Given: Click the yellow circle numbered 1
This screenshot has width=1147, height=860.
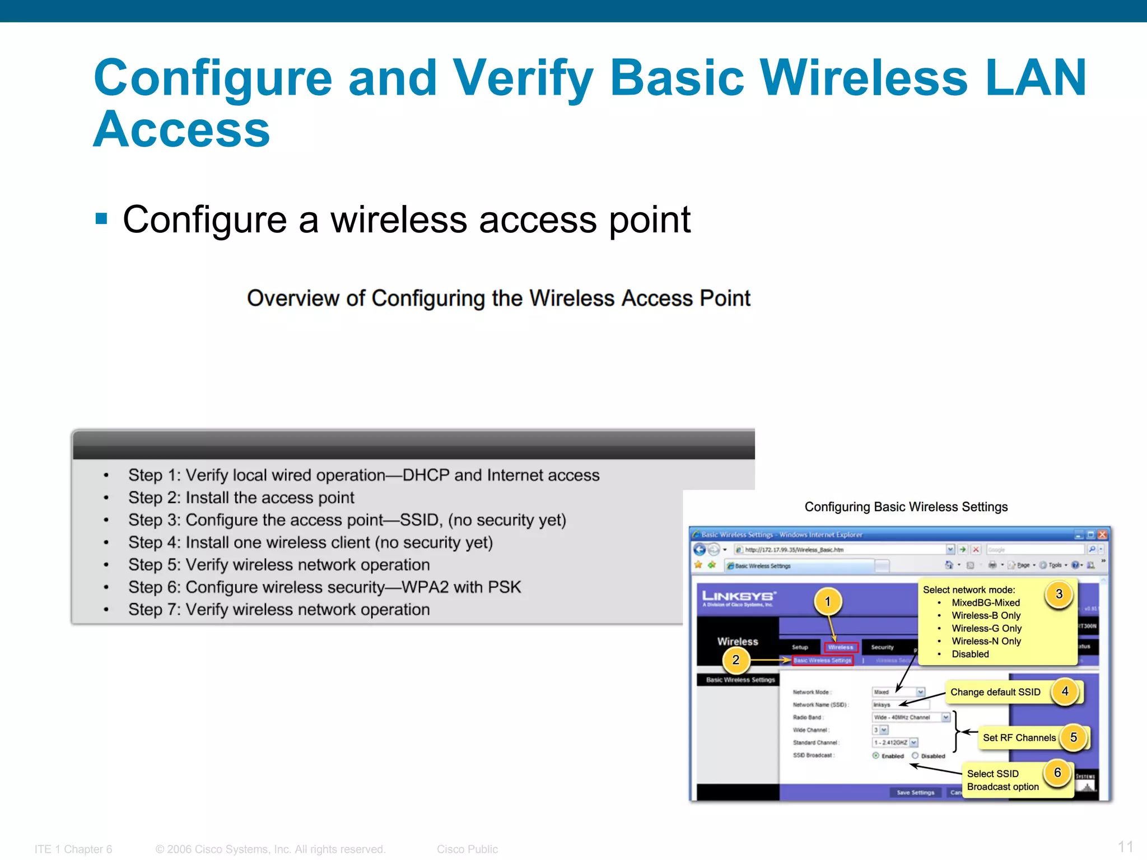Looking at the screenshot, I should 827,602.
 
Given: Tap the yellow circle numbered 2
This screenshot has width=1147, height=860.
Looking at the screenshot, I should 735,660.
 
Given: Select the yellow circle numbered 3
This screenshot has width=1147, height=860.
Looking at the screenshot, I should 1059,594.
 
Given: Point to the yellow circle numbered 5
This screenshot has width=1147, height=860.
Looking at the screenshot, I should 1073,737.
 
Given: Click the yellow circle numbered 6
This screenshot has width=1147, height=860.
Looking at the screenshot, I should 1057,773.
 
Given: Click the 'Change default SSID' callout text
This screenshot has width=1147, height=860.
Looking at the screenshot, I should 995,692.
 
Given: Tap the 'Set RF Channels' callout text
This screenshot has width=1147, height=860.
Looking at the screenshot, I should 1019,738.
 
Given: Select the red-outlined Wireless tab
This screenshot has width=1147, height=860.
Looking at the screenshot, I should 841,647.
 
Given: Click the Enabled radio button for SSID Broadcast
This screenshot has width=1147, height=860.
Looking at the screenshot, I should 876,756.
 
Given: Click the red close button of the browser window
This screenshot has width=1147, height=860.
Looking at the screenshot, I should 1102,535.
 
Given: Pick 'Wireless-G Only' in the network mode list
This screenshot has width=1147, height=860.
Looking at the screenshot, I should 986,628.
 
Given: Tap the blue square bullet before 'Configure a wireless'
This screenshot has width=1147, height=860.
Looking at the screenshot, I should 101,218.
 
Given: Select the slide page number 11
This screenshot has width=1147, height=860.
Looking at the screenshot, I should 1125,846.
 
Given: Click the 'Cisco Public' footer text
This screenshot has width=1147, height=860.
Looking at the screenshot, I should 467,849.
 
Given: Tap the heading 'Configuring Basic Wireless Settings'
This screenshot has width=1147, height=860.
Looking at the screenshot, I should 906,507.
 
